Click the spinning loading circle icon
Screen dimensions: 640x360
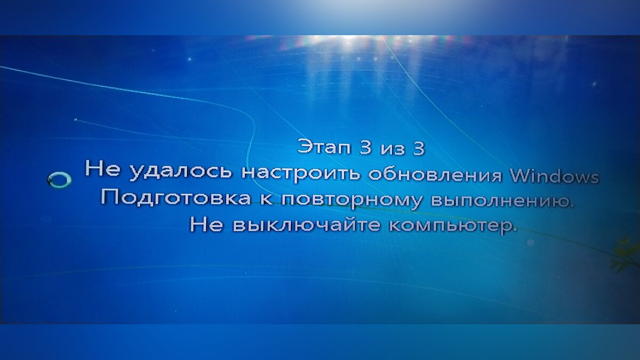(59, 180)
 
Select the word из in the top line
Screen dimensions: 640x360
(393, 150)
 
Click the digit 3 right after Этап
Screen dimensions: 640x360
(365, 147)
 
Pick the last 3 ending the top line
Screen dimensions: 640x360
(419, 148)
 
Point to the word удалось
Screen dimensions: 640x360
(180, 171)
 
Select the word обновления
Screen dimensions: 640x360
(435, 174)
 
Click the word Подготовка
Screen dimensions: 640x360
(175, 197)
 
